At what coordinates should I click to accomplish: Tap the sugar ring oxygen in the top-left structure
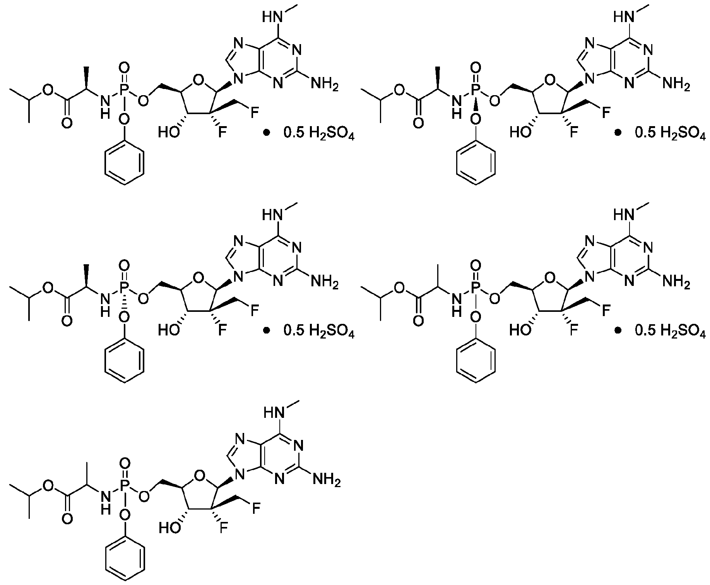click(198, 80)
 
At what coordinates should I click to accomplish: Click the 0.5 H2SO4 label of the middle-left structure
click(319, 331)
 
